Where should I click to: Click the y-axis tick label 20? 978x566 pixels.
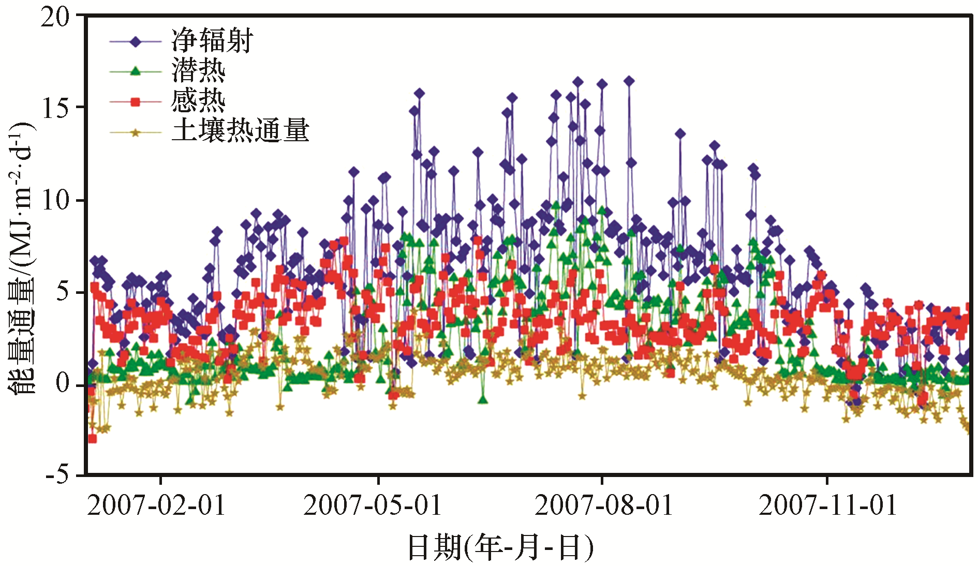(55, 18)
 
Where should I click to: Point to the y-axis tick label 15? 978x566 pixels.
(55, 108)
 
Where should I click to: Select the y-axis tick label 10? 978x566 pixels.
(55, 200)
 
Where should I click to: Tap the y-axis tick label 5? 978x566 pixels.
(62, 292)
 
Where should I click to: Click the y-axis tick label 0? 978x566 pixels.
(62, 383)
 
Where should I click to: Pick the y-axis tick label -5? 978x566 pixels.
(57, 474)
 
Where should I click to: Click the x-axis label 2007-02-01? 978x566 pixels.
(157, 505)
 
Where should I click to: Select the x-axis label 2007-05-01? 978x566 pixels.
(373, 505)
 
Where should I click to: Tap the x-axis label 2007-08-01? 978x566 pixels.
(603, 505)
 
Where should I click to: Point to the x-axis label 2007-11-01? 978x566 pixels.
(827, 505)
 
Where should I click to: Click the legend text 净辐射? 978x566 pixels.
(212, 41)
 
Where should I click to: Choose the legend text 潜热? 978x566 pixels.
(198, 70)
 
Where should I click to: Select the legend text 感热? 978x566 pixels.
(198, 100)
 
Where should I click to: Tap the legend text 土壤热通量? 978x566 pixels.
(240, 130)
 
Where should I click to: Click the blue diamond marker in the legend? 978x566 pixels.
(136, 41)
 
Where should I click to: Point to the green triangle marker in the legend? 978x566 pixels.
(136, 71)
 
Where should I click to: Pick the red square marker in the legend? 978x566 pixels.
(136, 102)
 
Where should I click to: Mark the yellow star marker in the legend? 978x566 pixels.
(136, 133)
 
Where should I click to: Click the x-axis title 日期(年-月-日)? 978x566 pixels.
(500, 547)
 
